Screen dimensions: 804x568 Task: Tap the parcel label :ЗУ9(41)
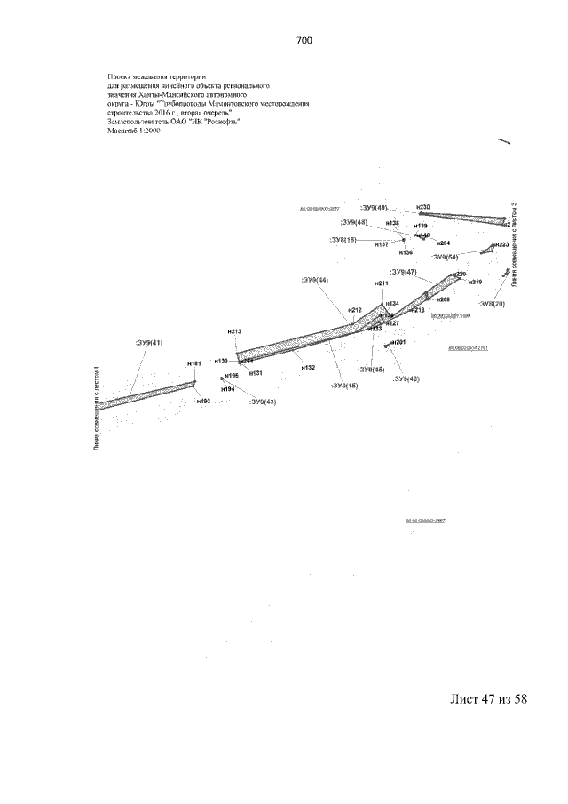click(148, 342)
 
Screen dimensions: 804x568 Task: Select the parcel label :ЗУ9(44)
click(314, 280)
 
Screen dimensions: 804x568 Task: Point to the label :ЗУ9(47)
click(403, 271)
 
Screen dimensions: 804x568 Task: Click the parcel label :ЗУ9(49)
click(373, 208)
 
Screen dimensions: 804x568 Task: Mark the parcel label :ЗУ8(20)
click(489, 304)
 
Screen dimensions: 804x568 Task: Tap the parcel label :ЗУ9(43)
click(263, 402)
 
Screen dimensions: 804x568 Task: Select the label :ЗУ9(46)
click(406, 379)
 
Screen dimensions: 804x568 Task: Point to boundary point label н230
click(422, 207)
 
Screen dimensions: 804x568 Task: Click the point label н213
click(234, 331)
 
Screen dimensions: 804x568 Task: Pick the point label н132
click(308, 366)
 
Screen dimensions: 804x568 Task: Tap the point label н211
click(382, 283)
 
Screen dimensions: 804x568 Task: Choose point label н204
click(443, 243)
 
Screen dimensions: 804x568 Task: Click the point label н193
click(203, 402)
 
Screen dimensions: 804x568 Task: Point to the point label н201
click(398, 343)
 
